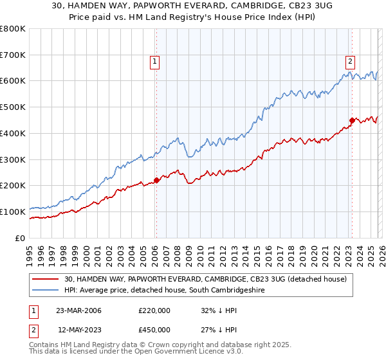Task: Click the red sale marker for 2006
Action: (156, 180)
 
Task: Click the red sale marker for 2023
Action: (352, 120)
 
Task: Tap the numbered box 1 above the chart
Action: (156, 62)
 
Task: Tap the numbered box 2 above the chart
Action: (350, 62)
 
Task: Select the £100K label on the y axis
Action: (13, 212)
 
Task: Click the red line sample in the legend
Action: (46, 279)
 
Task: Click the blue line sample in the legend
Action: (46, 291)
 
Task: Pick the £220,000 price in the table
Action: (154, 310)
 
